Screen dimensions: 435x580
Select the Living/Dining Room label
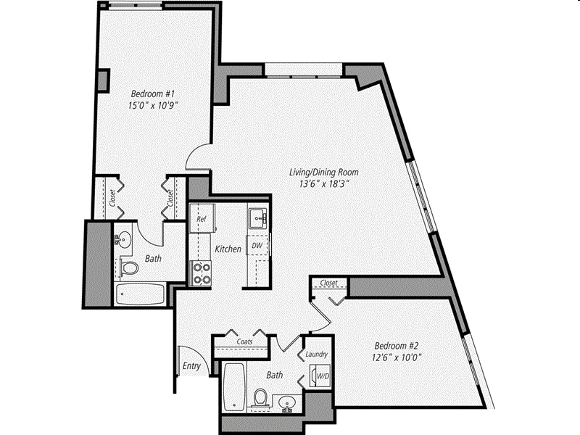click(324, 173)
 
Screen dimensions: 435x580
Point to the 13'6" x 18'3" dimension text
click(324, 184)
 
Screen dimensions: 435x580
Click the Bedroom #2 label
click(396, 345)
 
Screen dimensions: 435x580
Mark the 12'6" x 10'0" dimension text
click(396, 357)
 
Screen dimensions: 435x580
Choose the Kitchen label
click(228, 249)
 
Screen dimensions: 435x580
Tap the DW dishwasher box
click(257, 246)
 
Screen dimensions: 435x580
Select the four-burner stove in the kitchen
click(200, 273)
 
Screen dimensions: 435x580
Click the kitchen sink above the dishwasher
click(257, 217)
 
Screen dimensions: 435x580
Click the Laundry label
click(318, 355)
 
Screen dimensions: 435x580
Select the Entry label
click(191, 365)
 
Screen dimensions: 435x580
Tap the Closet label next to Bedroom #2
click(328, 283)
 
